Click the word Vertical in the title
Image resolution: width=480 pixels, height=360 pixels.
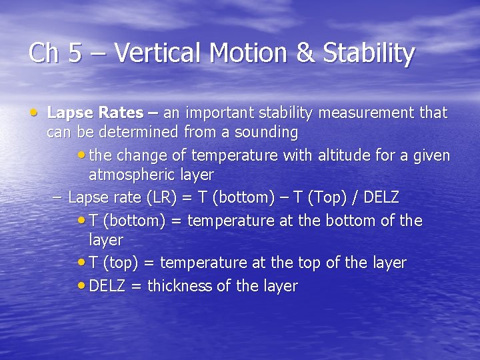153,53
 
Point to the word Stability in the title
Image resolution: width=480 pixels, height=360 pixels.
369,53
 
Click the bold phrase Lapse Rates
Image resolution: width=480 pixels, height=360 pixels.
94,113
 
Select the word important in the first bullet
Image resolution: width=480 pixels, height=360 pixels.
226,113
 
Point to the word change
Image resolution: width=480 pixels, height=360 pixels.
141,155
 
